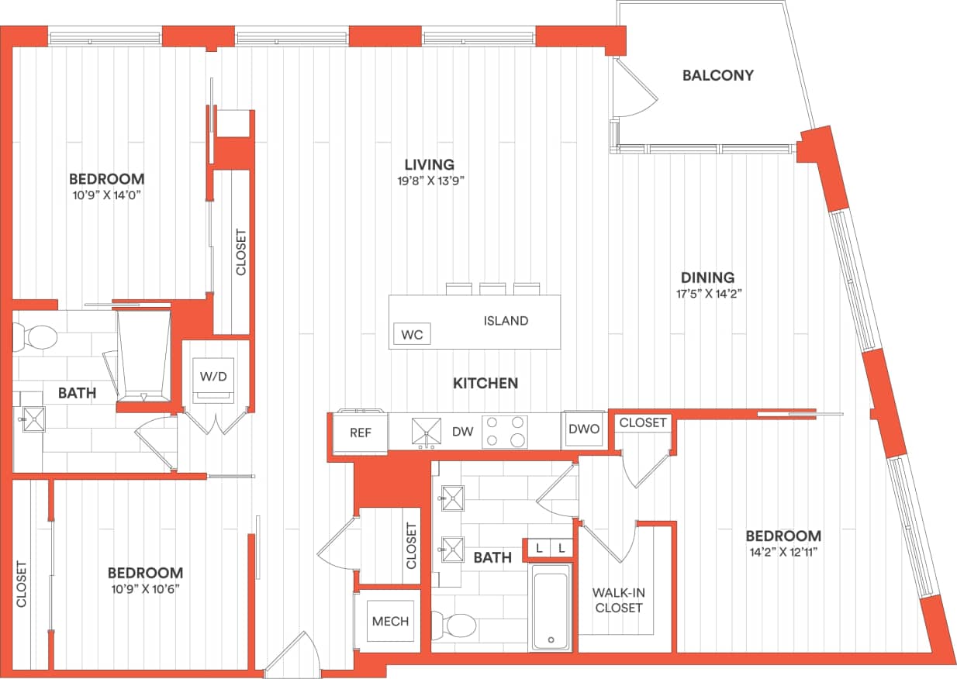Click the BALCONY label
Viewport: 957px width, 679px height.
718,75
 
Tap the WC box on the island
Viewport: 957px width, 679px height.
412,335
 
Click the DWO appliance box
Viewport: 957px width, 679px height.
583,429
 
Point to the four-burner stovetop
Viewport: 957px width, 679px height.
505,432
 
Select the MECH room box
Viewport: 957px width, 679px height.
390,622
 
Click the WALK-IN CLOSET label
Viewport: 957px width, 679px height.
619,600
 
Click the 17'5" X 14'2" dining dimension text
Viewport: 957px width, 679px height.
707,294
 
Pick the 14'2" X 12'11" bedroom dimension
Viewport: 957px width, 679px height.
783,552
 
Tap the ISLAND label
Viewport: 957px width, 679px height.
506,320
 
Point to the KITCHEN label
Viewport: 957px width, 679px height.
485,383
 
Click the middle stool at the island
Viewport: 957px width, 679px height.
492,289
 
